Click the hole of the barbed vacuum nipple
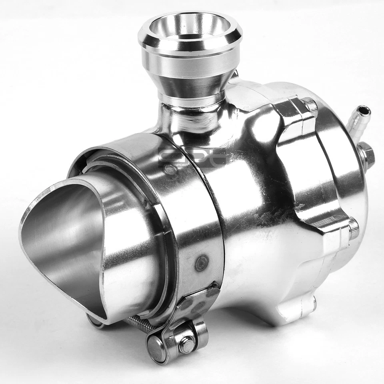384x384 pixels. (363, 110)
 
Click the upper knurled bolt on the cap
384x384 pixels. (310, 105)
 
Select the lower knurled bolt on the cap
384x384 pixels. (353, 228)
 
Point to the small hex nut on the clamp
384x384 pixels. (186, 344)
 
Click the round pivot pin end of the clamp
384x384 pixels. (156, 348)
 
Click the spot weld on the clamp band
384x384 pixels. (201, 263)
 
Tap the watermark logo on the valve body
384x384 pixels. (192, 156)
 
